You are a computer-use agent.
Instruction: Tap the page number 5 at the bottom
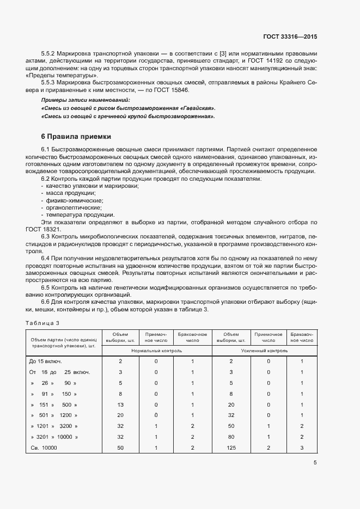pos(315,463)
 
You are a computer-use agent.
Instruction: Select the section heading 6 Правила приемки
pos(76,136)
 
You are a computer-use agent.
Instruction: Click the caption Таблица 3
pos(42,323)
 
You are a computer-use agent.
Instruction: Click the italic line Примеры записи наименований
pos(86,101)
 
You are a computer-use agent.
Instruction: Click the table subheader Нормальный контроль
pos(157,351)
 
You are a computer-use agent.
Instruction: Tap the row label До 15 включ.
pos(45,361)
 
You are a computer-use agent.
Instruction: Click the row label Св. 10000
pos(42,447)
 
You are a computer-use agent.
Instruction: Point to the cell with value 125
pos(231,447)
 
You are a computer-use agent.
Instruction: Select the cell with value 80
pos(231,437)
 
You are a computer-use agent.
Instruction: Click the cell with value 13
pos(120,404)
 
